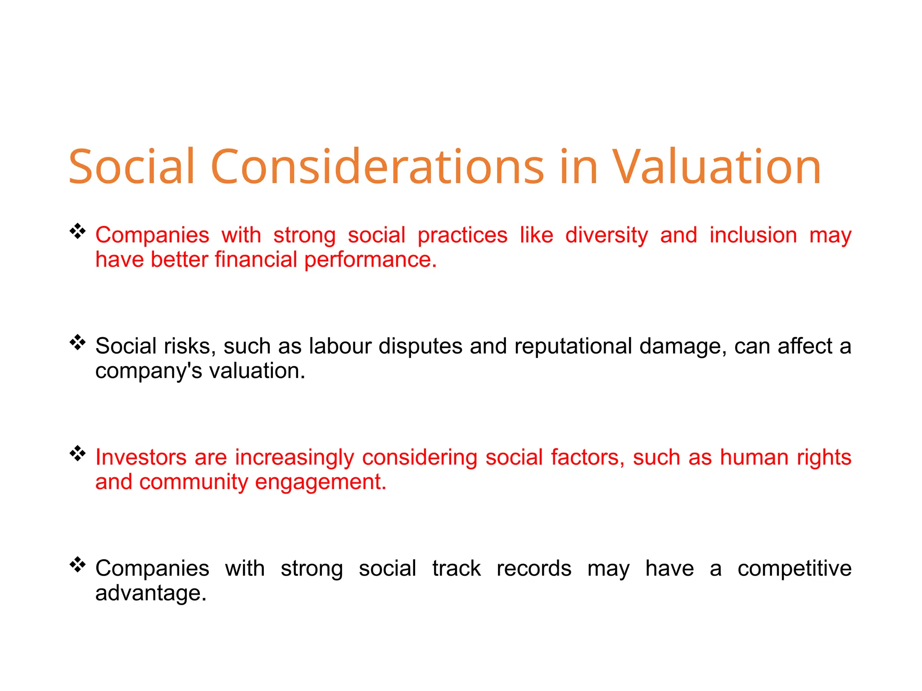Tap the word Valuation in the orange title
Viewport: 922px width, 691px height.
(x=716, y=167)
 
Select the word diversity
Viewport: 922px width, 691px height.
(x=606, y=235)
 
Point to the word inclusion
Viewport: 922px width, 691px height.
(x=753, y=235)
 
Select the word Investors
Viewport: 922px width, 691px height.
(x=141, y=457)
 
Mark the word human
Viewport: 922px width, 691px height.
(x=754, y=457)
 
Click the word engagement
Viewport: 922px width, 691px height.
(x=321, y=482)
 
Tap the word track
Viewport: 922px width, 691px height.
(x=456, y=568)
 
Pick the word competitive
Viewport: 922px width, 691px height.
(x=794, y=569)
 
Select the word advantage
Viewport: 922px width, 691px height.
(x=151, y=593)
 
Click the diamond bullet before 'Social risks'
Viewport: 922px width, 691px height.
(x=77, y=342)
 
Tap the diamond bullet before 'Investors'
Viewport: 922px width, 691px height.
(x=77, y=453)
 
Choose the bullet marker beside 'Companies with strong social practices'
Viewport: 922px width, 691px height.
(x=77, y=231)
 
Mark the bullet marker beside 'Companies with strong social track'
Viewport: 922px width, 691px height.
(x=77, y=565)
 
